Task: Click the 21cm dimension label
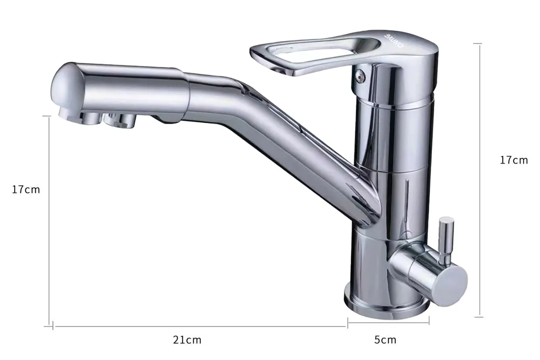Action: [187, 339]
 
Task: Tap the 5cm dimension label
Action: [385, 339]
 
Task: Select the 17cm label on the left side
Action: [25, 189]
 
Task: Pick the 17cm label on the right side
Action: [514, 160]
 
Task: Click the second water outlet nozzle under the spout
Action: [120, 120]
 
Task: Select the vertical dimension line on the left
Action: [50, 221]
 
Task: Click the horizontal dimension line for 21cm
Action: [200, 326]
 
